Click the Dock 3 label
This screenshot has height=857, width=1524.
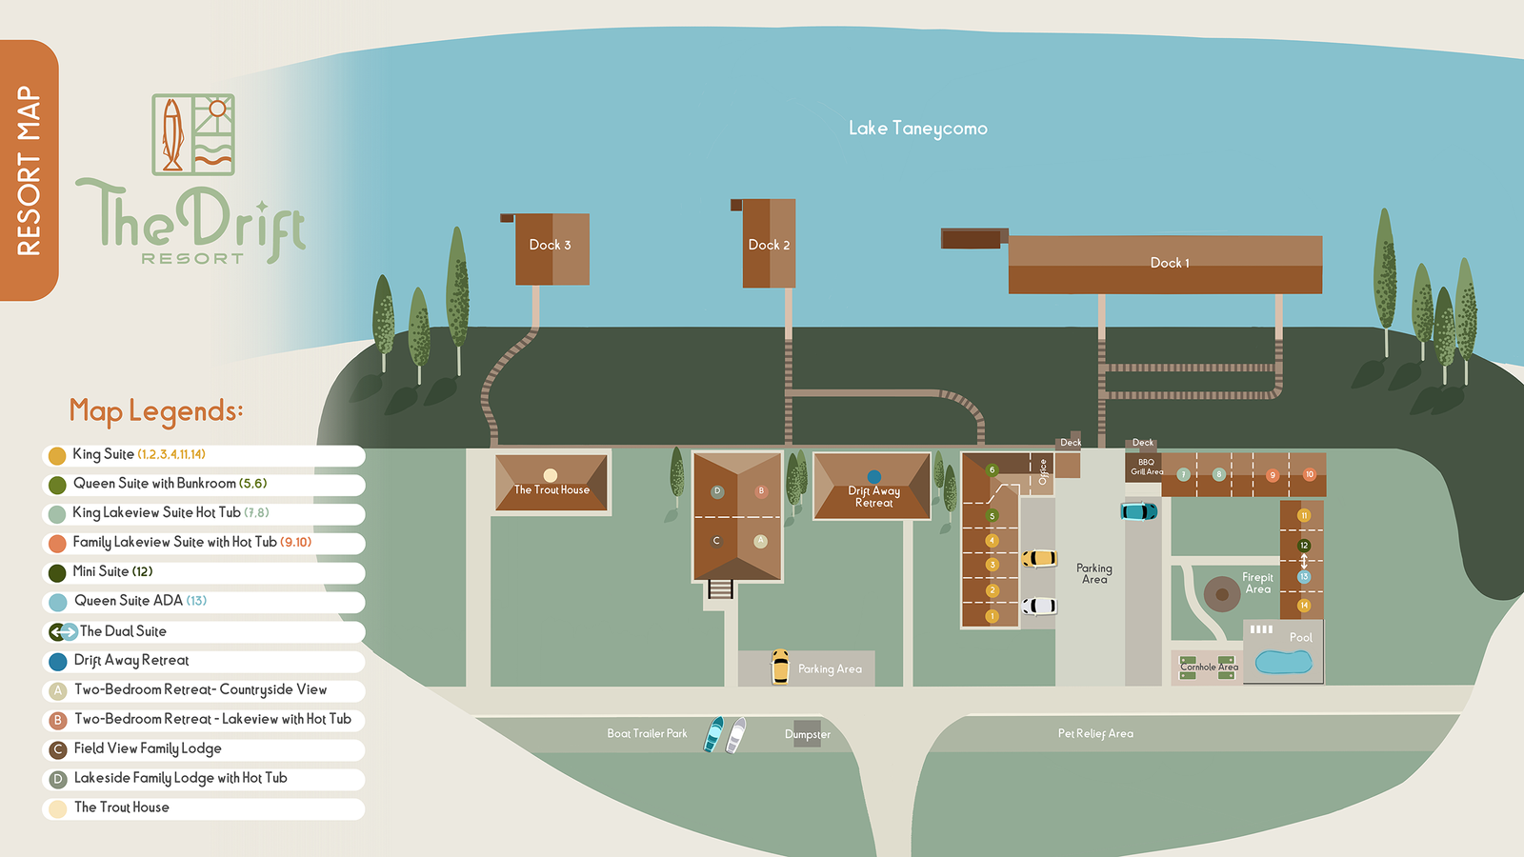pos(550,245)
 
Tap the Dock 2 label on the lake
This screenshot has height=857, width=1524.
pos(769,245)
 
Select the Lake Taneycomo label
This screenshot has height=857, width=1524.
pos(917,129)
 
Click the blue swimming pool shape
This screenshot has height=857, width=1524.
pos(1283,662)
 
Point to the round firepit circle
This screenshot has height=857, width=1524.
pos(1221,594)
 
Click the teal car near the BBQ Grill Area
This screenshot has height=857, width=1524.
pos(1138,511)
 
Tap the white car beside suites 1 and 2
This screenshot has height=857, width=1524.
pos(1039,606)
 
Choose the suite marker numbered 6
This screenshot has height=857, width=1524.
pos(992,469)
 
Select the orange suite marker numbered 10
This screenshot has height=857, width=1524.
pos(1309,474)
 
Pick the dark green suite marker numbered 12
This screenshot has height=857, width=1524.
pos(1304,546)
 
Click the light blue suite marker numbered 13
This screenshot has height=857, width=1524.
pos(1304,577)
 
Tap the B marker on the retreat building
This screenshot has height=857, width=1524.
pos(760,491)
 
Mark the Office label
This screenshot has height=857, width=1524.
pos(1043,471)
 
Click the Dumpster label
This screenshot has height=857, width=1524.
pos(808,734)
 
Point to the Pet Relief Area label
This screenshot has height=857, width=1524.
pos(1095,733)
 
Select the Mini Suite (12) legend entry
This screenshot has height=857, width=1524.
pos(112,571)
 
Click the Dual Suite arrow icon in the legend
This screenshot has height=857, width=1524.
pos(63,631)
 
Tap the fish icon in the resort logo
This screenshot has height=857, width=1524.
pos(172,134)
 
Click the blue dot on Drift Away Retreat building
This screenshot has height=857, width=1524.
pos(873,477)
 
